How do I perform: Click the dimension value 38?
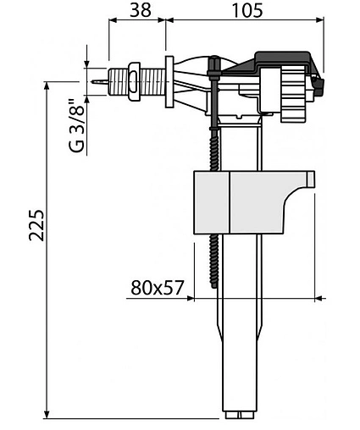pos(141,10)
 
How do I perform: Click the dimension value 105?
pos(247,10)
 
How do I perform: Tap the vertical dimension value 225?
pos(36,225)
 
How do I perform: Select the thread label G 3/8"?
pos(77,125)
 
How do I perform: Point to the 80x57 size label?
pos(158,288)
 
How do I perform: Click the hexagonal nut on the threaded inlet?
pos(134,81)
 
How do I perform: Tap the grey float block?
pos(253,202)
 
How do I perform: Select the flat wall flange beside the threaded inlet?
pos(169,81)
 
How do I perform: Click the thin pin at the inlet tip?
pos(99,81)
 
